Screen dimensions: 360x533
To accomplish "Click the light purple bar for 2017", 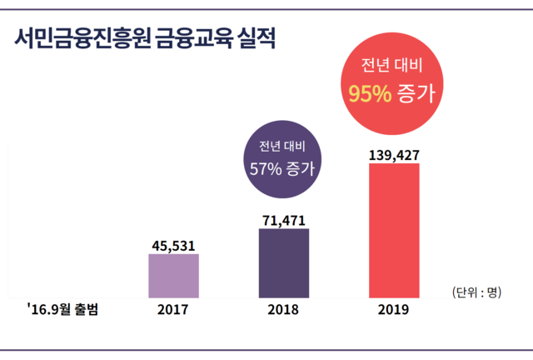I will (173, 275).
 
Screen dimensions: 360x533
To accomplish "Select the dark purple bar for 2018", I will (283, 262).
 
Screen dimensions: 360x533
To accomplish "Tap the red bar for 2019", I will (393, 229).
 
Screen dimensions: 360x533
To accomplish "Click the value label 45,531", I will (173, 244).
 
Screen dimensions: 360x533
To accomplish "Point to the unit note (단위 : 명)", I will (476, 292).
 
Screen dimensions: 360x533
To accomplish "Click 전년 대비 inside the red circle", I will (391, 66).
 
